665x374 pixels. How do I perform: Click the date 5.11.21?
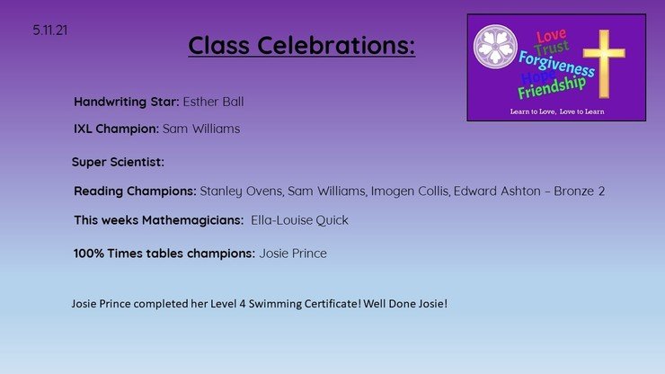coord(50,31)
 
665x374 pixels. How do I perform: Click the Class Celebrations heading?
coord(302,46)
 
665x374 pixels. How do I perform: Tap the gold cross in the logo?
coord(604,64)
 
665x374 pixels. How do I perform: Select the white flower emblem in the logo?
coord(495,46)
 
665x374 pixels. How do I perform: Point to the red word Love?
coord(551,36)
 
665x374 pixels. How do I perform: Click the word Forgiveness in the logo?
coord(556,64)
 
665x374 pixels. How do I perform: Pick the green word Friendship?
coord(552,87)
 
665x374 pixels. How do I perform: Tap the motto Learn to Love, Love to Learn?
coord(557,111)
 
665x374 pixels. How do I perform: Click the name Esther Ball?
coord(213,102)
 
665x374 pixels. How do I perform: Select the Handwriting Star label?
coord(127,102)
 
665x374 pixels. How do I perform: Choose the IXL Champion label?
coord(116,129)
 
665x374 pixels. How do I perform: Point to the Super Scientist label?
coord(118,162)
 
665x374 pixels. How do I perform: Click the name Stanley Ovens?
coord(242,191)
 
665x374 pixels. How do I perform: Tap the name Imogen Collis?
coord(410,191)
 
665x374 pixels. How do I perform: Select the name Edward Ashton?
coord(497,191)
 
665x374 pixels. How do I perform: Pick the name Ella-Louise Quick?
coord(299,220)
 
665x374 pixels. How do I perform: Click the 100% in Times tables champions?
coord(89,254)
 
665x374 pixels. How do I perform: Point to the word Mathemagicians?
coord(192,220)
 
